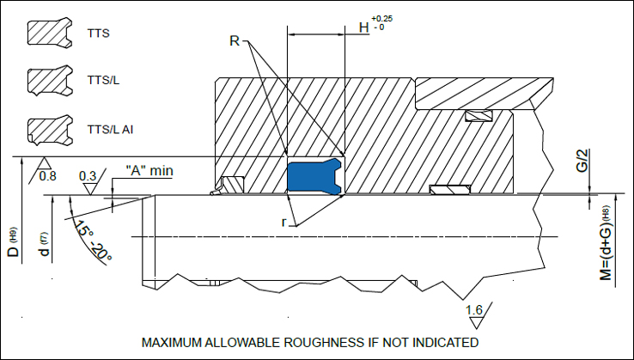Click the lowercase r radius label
pos(284,222)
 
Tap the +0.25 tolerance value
pos(381,17)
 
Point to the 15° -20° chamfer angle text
pos(94,241)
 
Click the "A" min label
pos(149,170)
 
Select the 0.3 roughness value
pos(88,176)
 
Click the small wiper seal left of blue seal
pos(230,185)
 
